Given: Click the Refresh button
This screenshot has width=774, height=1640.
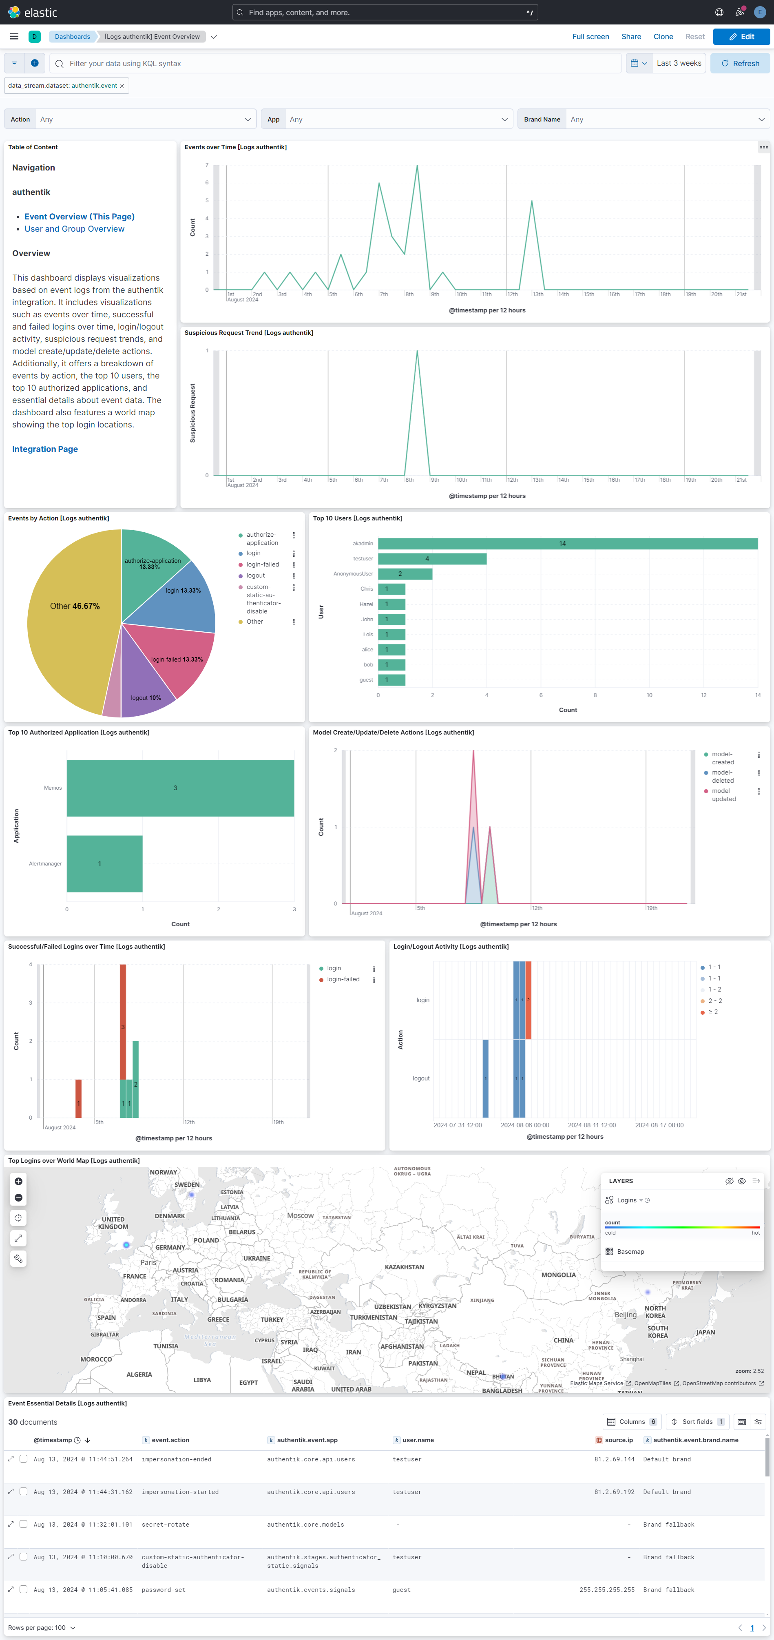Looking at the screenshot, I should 740,64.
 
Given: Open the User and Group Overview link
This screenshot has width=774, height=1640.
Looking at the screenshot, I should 75,229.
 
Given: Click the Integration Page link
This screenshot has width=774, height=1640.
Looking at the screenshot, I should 45,449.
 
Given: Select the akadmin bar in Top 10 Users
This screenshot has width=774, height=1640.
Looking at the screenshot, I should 567,544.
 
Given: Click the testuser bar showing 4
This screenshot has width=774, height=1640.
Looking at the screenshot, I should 432,559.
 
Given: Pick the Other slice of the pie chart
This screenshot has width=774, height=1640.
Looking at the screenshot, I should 70,611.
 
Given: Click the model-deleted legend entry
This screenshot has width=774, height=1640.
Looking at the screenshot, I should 723,777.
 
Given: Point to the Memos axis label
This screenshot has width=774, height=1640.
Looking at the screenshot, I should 53,788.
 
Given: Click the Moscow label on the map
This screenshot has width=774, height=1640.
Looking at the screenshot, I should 301,1215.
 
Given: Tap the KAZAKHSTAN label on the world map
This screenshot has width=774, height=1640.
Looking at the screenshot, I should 404,1267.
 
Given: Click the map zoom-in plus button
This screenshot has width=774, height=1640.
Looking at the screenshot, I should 18,1182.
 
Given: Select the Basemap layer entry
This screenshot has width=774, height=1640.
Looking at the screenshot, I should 630,1252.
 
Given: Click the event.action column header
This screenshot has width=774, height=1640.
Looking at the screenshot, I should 170,1440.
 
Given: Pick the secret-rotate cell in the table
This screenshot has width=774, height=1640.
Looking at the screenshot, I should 166,1525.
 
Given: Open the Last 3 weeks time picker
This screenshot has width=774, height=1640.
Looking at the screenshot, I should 679,64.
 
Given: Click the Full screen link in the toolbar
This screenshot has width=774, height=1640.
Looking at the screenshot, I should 590,37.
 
